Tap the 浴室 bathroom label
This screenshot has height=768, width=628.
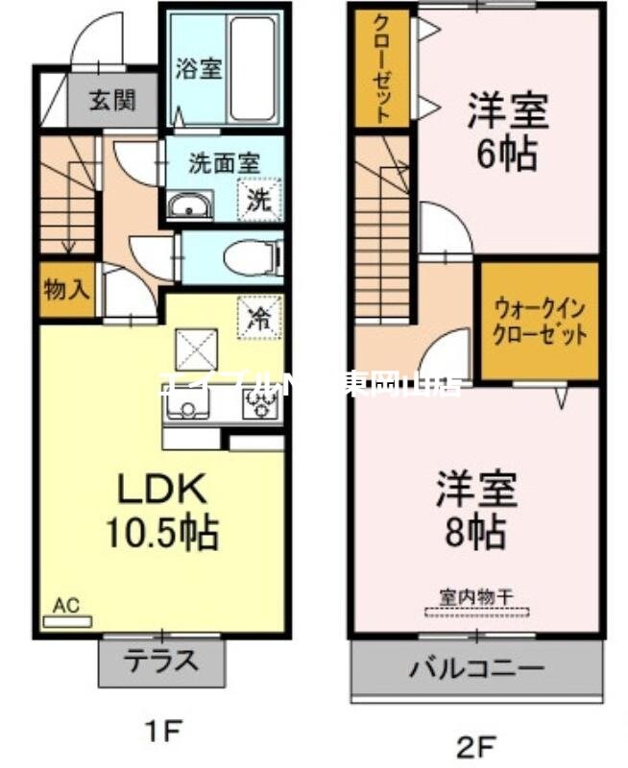pyautogui.click(x=199, y=69)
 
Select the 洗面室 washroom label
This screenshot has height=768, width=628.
pyautogui.click(x=224, y=162)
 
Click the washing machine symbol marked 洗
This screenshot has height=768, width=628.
pyautogui.click(x=260, y=201)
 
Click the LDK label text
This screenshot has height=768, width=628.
pyautogui.click(x=161, y=490)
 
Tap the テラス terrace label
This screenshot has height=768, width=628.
pyautogui.click(x=161, y=660)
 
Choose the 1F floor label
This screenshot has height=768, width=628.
pyautogui.click(x=163, y=734)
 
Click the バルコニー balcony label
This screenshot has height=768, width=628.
pyautogui.click(x=478, y=667)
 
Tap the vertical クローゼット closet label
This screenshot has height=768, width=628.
pyautogui.click(x=382, y=67)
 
